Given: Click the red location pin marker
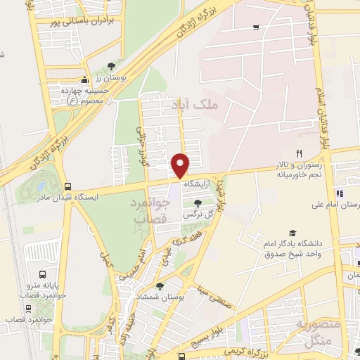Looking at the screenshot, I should click(181, 165).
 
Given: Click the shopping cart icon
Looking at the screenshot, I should click(256, 27).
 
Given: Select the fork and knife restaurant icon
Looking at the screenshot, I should click(299, 153).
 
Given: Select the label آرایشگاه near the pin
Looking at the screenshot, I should click(198, 184).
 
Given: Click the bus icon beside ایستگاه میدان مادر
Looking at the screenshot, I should click(67, 187).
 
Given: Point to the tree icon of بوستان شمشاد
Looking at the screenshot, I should click(160, 286).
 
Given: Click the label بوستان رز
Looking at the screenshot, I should click(112, 77).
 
